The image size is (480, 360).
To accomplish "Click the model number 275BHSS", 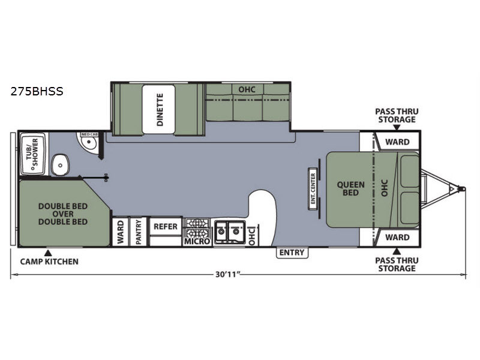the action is [37, 91].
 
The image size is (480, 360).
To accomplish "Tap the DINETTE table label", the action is [160, 110].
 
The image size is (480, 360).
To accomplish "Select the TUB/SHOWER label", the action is [32, 154].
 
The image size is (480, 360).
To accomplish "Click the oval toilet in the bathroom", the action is [60, 165].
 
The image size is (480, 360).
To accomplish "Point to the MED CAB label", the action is [89, 134].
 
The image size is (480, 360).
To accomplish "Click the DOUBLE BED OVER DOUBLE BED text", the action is [63, 214].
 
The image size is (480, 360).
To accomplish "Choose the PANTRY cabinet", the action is [139, 232].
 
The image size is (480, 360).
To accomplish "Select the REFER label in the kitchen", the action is [166, 227].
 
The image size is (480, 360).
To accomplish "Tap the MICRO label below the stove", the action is [197, 241].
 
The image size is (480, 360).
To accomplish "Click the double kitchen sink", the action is [230, 232].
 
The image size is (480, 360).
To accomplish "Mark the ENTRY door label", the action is [292, 253].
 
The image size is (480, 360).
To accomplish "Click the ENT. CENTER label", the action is [313, 188].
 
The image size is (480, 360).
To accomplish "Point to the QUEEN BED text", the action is [351, 188].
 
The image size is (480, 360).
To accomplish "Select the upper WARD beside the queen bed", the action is [397, 142].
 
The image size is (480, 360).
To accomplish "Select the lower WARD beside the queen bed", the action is [397, 237].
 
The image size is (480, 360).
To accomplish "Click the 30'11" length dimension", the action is [227, 274].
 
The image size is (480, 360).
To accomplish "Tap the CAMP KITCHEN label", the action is [49, 262].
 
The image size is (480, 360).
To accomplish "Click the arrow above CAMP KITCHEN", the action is [48, 253].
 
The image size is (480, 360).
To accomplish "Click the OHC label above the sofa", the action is [247, 89].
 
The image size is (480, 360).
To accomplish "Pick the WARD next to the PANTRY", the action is [121, 232].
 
